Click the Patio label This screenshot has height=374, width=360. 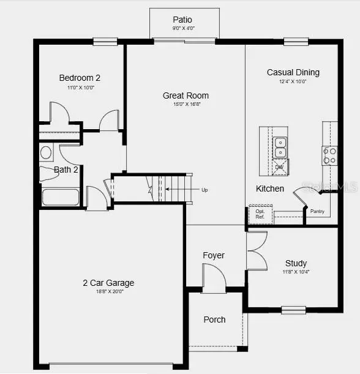(182, 20)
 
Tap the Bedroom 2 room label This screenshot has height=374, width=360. (80, 78)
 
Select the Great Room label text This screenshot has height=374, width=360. (186, 95)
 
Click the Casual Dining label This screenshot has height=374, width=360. (293, 72)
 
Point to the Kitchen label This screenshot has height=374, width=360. (270, 189)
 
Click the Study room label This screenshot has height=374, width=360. (296, 263)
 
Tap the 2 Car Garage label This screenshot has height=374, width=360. (108, 283)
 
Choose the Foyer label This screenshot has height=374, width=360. (214, 255)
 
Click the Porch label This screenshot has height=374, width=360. (214, 320)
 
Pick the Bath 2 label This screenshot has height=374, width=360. (66, 170)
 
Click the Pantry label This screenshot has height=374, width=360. (317, 212)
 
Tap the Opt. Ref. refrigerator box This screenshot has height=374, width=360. (260, 214)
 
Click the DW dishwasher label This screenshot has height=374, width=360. (279, 166)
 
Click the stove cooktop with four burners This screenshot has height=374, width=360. (329, 155)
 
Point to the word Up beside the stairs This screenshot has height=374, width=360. (204, 190)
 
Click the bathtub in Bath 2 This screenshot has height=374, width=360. (60, 197)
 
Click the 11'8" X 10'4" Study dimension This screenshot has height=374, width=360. (296, 272)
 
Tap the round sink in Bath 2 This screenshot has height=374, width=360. (46, 152)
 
